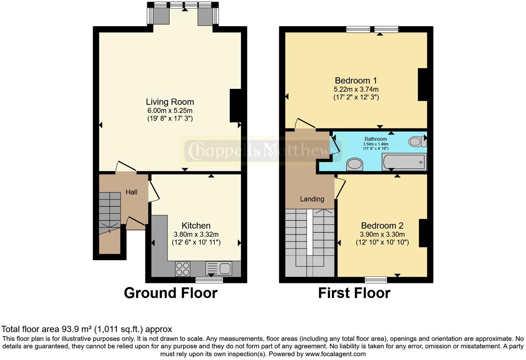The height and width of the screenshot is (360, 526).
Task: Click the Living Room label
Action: [x=170, y=102]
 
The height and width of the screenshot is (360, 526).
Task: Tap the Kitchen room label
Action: [x=196, y=226]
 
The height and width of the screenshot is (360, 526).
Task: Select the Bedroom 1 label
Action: [x=356, y=81]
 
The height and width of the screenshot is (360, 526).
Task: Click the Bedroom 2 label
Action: [x=382, y=226]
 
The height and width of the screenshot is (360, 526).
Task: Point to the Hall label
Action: [x=131, y=192]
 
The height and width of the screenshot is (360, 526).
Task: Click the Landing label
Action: [x=312, y=199]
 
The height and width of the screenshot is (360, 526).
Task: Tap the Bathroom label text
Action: [x=375, y=139]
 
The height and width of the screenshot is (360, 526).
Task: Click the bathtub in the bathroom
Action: [x=404, y=162]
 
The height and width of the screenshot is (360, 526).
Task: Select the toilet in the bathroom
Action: [x=417, y=141]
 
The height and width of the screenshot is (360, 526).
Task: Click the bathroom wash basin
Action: [x=354, y=164]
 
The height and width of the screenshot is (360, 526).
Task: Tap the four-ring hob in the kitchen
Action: [x=182, y=269]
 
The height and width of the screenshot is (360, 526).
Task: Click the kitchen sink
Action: [x=219, y=268]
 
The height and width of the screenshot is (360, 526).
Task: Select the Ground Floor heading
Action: [x=170, y=293]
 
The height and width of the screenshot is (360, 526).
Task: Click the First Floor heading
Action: [x=354, y=293]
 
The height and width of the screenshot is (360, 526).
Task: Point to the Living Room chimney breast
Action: [x=235, y=106]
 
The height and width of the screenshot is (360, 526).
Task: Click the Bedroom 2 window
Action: [x=376, y=279]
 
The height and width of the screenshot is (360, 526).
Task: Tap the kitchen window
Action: [x=209, y=279]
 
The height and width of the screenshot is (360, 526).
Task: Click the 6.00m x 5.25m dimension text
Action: [x=170, y=111]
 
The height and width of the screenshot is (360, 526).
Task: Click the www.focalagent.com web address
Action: [x=335, y=354]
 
